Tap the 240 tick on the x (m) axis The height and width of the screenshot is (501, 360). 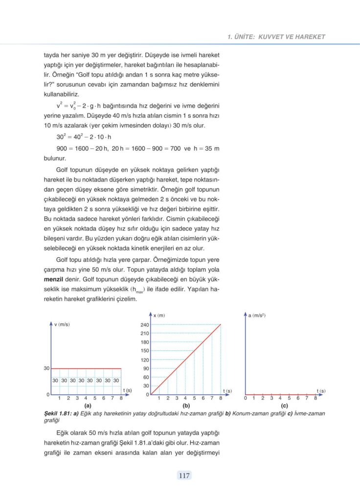coord(145,325)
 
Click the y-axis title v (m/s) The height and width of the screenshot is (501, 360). coord(62,324)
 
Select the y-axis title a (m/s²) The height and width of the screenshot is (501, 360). coord(257,316)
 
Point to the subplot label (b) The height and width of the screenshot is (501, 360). coord(186,406)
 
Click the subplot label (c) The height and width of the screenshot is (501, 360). coord(284,406)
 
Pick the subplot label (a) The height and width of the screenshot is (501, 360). coord(88,406)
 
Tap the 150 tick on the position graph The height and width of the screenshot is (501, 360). coord(145,351)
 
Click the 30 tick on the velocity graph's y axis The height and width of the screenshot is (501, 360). coord(46,368)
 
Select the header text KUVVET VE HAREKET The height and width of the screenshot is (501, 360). coord(292,37)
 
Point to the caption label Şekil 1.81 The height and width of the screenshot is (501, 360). coord(57,413)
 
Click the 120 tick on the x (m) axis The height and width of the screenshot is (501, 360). coord(145,360)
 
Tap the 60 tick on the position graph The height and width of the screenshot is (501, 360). coord(146,377)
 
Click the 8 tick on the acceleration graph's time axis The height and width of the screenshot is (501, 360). coord(315,399)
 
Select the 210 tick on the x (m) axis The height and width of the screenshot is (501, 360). coord(145,333)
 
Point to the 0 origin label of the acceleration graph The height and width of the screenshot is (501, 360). coord(246,399)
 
